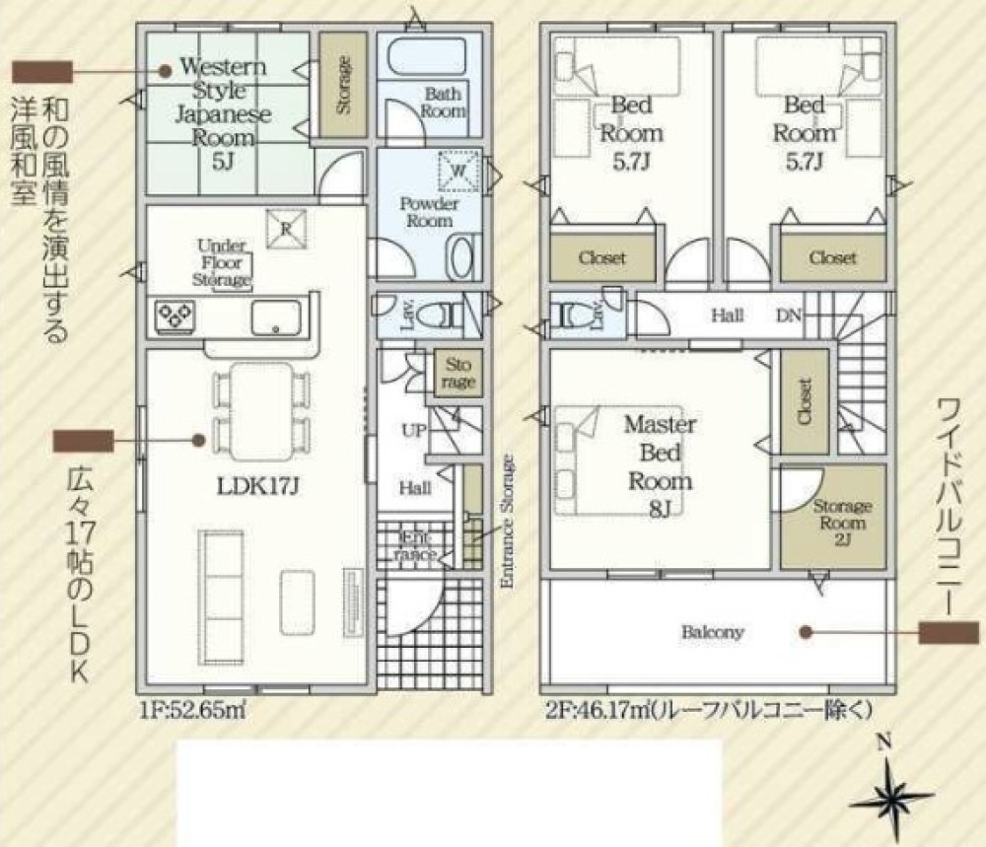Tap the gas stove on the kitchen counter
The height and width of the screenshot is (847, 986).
click(x=176, y=317)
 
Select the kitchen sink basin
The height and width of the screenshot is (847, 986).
click(x=276, y=317)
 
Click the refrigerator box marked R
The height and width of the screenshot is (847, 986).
click(x=286, y=228)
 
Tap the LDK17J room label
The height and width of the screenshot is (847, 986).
click(x=256, y=486)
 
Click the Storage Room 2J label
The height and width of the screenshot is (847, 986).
click(x=842, y=523)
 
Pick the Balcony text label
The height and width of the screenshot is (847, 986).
click(x=713, y=632)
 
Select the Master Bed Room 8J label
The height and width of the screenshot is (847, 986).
click(x=660, y=466)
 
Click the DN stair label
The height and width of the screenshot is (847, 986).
click(x=789, y=315)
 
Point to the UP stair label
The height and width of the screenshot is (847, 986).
click(x=414, y=431)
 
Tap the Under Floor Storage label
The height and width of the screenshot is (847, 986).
click(x=221, y=262)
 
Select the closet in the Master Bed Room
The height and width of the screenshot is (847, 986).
click(x=805, y=401)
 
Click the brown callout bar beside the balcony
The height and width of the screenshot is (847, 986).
click(x=949, y=633)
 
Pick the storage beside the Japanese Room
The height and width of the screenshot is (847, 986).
click(x=343, y=86)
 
